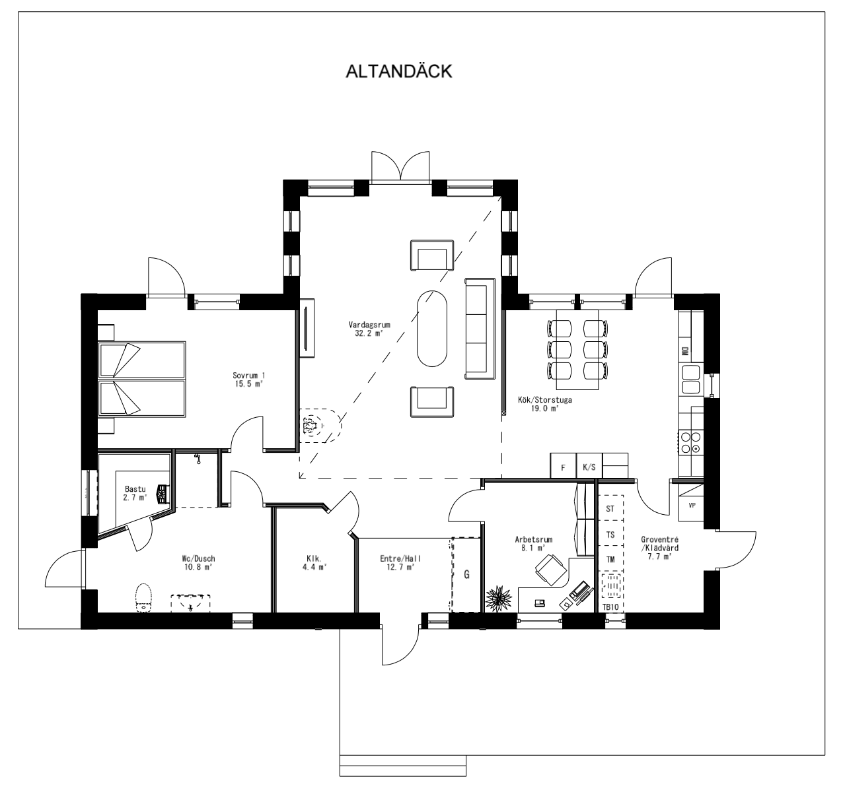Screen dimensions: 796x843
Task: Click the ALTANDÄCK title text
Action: coord(399,71)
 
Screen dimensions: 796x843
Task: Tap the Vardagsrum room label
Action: coord(367,329)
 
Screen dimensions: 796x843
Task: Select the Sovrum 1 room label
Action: coord(248,380)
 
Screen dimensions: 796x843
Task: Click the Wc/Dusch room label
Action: coord(199,562)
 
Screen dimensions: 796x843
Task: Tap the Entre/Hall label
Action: coord(400,562)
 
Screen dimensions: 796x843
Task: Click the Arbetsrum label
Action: coord(533,543)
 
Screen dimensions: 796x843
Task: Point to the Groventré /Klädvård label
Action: coord(659,552)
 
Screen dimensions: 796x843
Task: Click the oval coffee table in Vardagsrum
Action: coord(432,327)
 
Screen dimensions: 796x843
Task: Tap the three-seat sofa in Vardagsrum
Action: coord(480,329)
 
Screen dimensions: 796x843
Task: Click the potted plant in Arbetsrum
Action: coord(498,598)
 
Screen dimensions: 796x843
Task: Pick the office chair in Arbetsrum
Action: coord(550,570)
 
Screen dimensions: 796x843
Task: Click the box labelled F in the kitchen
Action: coord(563,467)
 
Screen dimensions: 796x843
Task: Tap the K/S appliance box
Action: coord(589,467)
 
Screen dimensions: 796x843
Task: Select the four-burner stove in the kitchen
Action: coord(690,442)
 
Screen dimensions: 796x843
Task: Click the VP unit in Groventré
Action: coord(691,506)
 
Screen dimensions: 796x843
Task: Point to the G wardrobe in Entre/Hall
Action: coord(466,574)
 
